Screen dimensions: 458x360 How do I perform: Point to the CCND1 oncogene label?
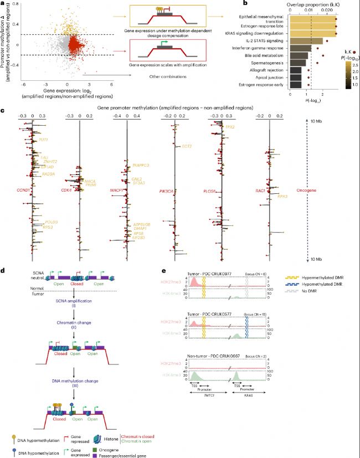[22, 191]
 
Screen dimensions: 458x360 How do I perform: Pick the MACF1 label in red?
[117, 191]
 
